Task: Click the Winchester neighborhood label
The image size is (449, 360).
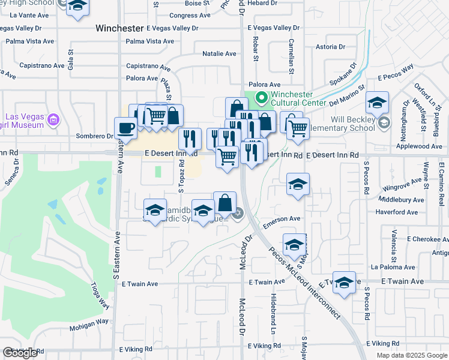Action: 120,28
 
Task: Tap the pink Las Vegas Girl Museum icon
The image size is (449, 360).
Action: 54,120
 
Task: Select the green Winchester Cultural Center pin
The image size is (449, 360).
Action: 261,97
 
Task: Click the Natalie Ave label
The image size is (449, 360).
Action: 218,54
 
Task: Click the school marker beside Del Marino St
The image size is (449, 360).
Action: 377,103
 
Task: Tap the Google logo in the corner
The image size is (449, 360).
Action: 20,353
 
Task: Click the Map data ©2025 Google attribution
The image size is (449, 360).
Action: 412,355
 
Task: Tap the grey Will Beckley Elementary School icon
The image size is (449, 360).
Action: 384,123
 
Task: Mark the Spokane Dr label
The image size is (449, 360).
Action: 343,75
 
